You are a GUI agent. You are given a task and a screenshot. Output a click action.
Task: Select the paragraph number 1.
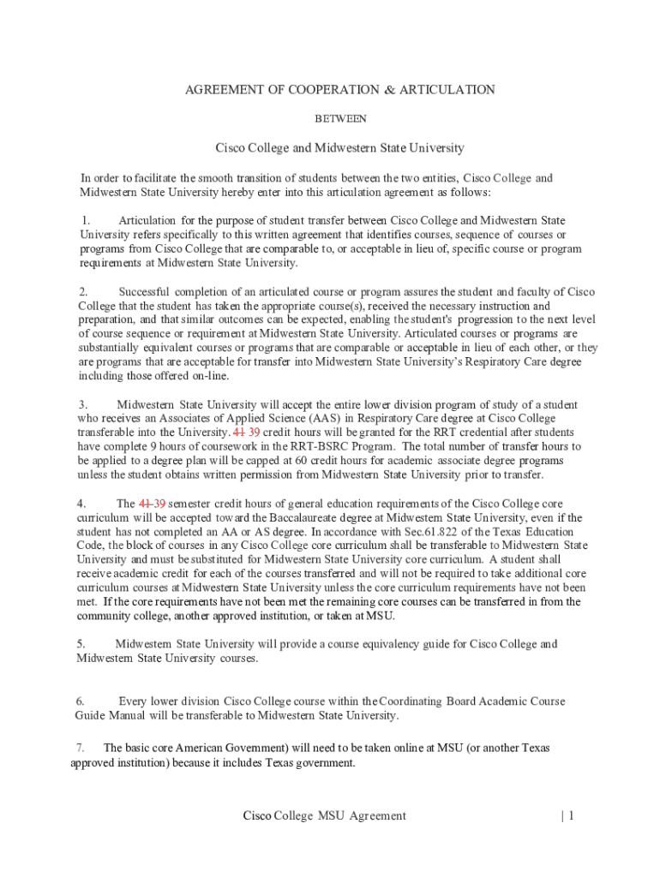(87, 221)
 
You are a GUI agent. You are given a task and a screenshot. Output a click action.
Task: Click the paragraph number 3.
(83, 404)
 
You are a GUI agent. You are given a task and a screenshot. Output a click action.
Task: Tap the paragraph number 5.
(81, 644)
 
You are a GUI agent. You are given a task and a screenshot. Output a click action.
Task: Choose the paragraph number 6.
(80, 701)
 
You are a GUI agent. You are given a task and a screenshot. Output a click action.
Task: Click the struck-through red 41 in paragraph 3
(238, 432)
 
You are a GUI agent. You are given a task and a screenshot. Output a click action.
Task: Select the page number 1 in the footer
(569, 816)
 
